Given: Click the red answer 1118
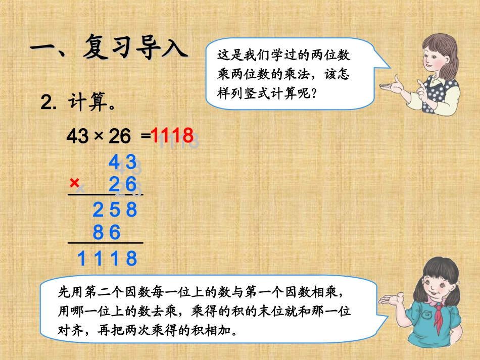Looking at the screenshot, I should [x=172, y=135].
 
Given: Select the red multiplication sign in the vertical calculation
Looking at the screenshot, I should [x=75, y=182].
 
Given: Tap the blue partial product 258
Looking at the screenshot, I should [x=115, y=209].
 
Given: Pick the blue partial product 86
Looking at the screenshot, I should [x=107, y=232].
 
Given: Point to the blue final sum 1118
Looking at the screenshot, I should [x=107, y=259].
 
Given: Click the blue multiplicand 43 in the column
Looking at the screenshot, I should [x=122, y=162].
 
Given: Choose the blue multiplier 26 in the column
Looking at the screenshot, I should [x=122, y=185].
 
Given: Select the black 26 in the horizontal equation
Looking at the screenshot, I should [x=120, y=136].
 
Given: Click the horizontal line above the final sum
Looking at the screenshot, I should [x=106, y=243].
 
